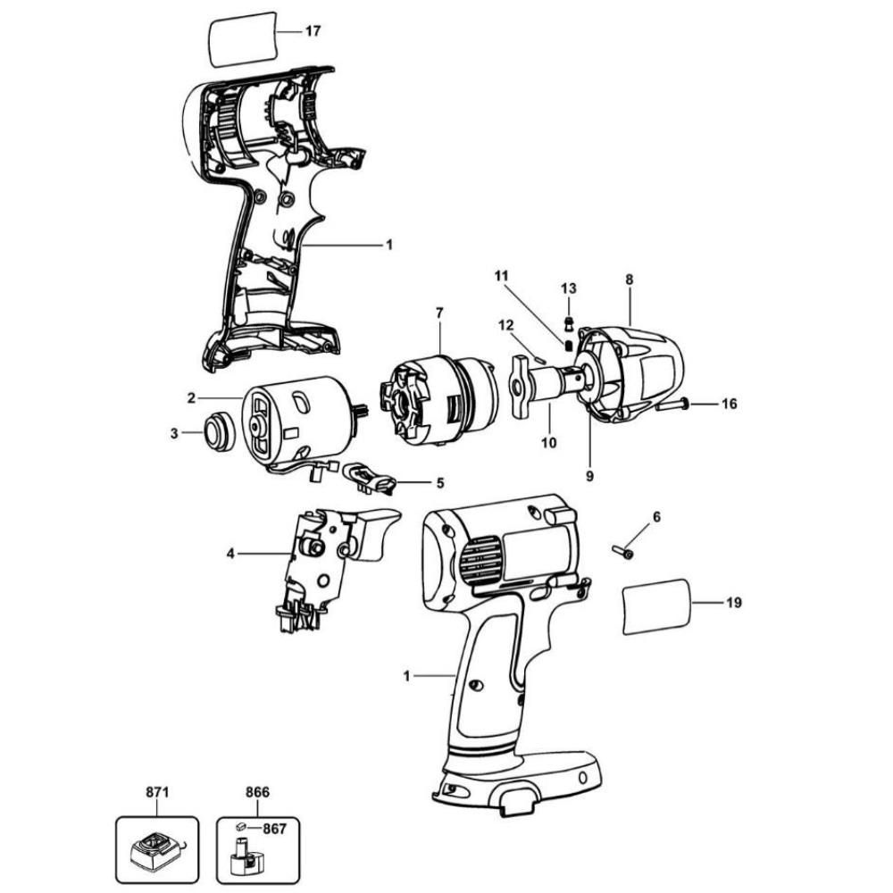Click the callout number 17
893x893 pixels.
[x=313, y=31]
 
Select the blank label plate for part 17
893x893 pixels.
[x=241, y=38]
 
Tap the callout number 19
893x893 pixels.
[x=734, y=603]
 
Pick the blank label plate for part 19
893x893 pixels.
[x=657, y=607]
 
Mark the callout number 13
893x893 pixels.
[x=569, y=288]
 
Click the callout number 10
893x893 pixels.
[x=549, y=442]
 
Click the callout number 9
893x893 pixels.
[x=589, y=476]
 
